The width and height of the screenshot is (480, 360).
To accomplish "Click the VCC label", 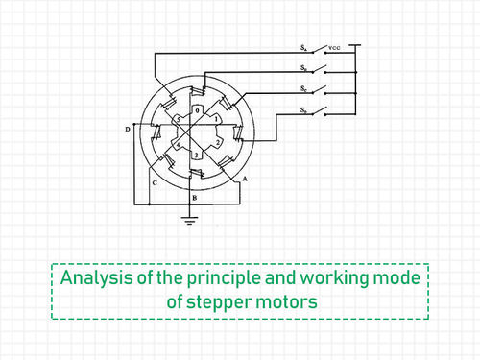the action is pos(335,46).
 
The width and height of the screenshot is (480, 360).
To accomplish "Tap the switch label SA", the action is pos(302,46).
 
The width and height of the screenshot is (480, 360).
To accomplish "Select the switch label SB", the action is pos(302,68).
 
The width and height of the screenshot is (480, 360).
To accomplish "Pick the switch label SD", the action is pos(302,112).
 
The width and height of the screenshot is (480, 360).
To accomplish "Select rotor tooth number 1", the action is pos(218,119).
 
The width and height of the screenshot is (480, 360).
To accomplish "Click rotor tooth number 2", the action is pos(219,142).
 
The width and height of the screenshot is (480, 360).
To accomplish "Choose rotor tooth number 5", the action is pos(177,119).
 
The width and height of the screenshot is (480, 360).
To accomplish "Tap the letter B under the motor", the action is pos(195,197).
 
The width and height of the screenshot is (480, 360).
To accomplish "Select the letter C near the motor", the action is pos(153,180).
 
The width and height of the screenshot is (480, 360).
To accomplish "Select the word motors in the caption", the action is pos(282,302).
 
